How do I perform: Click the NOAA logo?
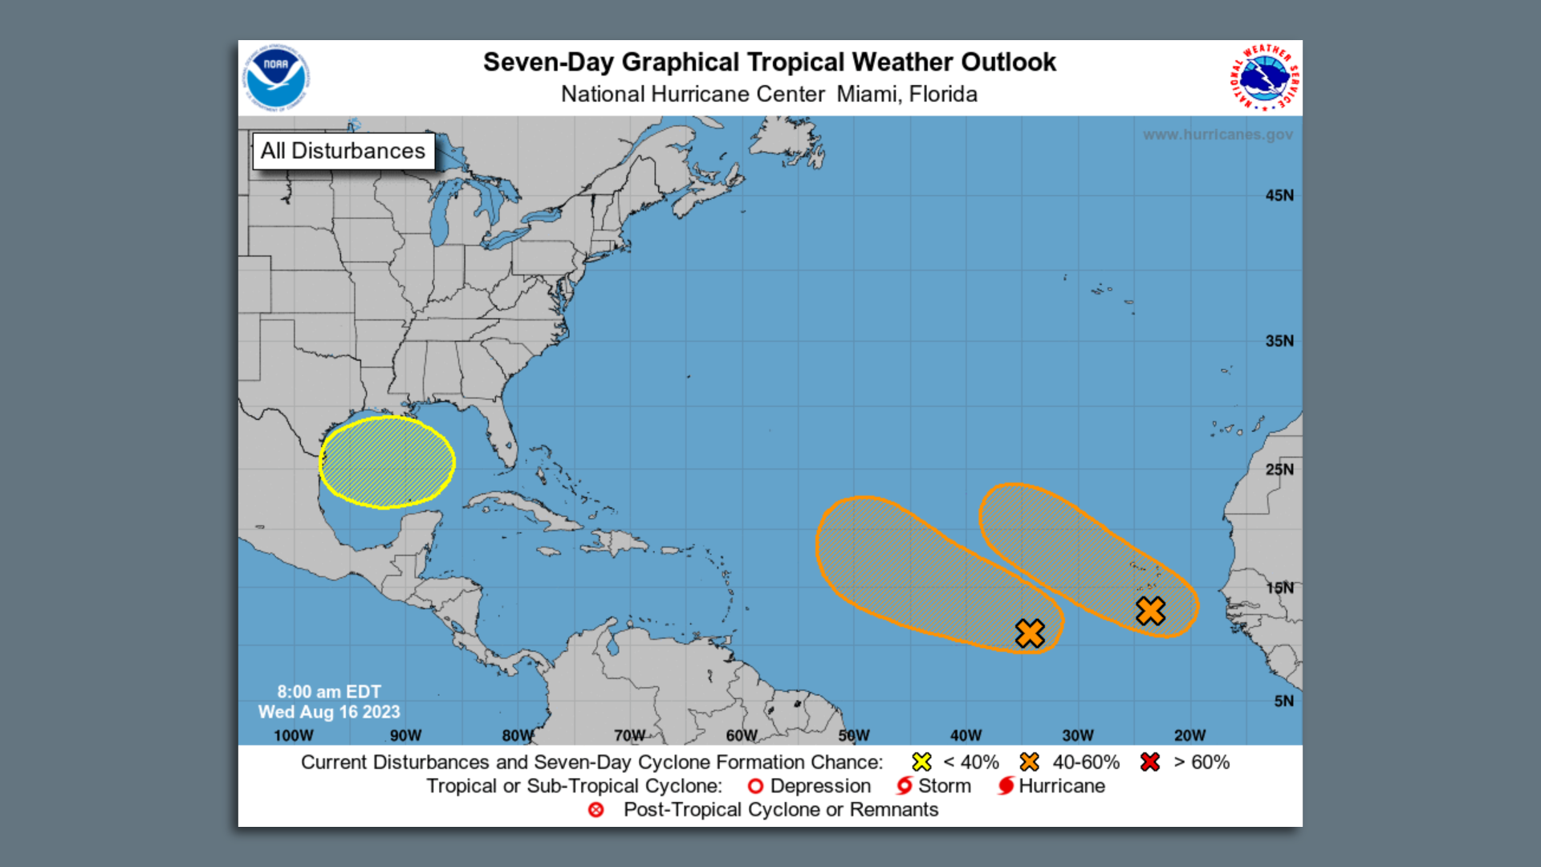pos(276,77)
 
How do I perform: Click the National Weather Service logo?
pos(1265,78)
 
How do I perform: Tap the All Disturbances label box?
pos(344,151)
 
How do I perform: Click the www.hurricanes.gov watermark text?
pos(1218,135)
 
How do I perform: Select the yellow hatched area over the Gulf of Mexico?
pos(387,462)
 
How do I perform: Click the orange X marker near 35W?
pos(1030,633)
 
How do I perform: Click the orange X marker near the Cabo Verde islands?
pos(1150,611)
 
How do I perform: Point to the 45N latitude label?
pos(1279,196)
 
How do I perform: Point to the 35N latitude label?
pos(1279,341)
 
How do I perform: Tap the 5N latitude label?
pos(1283,701)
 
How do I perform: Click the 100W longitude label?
pos(294,735)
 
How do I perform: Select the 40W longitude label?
pos(966,735)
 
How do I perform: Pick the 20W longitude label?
pos(1189,735)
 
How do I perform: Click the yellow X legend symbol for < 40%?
pos(921,762)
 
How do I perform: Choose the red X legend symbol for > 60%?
pos(1149,762)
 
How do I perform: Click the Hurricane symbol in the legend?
pos(1006,786)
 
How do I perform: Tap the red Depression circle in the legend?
pos(755,786)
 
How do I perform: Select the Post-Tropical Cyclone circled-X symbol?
pos(596,810)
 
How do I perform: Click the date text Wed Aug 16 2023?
pos(329,712)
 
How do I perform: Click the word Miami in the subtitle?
pos(868,95)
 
